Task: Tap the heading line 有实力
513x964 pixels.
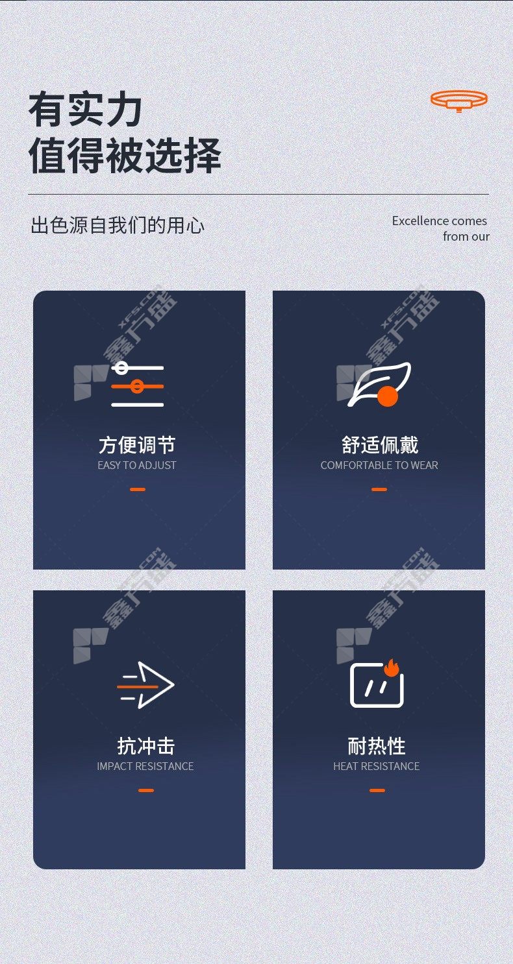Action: point(85,110)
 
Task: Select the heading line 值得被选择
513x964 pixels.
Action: point(125,155)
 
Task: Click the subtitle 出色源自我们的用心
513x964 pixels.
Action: point(118,225)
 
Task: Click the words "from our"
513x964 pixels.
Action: point(466,236)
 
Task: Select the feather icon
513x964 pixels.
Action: point(379,384)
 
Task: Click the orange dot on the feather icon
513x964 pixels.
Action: point(388,396)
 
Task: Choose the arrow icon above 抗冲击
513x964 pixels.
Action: point(145,684)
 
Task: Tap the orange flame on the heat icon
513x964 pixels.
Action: point(392,668)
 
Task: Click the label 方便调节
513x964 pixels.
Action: point(137,445)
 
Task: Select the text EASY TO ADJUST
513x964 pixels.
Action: point(137,465)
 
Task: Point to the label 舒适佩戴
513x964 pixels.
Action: point(379,445)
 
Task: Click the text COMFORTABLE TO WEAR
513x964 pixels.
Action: point(379,465)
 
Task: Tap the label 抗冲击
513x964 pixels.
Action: point(146,746)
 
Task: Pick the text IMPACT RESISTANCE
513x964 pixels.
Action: point(145,767)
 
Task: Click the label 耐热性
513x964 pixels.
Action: point(377,746)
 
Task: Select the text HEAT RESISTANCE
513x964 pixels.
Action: point(377,767)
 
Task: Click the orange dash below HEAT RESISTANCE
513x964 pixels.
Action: point(377,790)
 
